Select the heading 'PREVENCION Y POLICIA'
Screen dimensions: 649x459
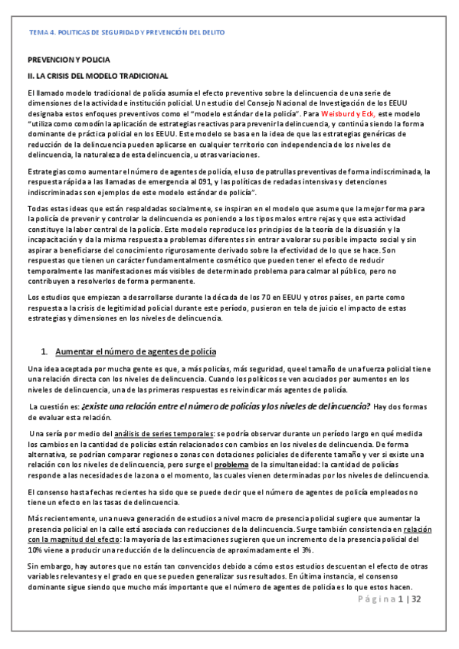tap(69, 60)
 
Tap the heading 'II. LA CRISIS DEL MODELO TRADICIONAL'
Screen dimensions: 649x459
tap(97, 77)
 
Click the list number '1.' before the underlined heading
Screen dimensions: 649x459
tap(45, 351)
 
